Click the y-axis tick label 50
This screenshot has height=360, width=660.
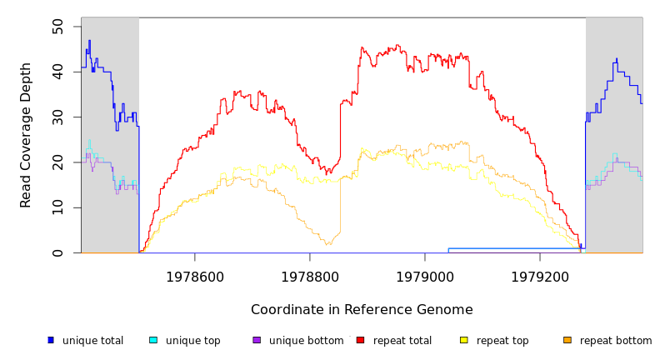coord(57,27)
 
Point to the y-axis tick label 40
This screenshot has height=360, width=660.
coord(57,72)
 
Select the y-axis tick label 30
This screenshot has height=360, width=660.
coord(57,117)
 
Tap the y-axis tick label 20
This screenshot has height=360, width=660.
coord(57,162)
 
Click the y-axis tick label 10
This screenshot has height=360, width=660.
coord(57,207)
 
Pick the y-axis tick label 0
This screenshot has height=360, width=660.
coord(57,252)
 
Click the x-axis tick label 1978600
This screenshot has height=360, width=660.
coord(195,277)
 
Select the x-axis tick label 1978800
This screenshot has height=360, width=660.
coord(310,277)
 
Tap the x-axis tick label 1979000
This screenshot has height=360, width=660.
coord(425,277)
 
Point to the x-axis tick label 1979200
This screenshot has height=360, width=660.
coord(539,277)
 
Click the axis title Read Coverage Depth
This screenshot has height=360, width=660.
coord(27,135)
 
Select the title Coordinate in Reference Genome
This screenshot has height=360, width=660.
coord(362,310)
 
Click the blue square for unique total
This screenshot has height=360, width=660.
coord(51,340)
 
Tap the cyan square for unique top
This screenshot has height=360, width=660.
coord(153,340)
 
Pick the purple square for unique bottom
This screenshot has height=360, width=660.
coord(257,340)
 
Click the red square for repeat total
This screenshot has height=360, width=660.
coord(360,340)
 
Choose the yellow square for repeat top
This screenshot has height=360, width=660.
coord(464,340)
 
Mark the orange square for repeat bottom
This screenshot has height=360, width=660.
coord(567,340)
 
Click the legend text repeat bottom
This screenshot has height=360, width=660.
coord(616,341)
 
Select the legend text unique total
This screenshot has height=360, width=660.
coord(92,341)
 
